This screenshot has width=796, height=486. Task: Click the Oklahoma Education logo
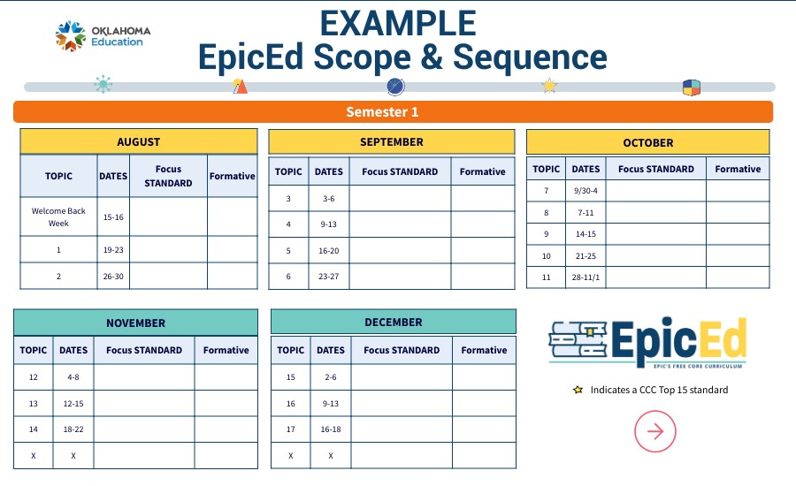tap(103, 36)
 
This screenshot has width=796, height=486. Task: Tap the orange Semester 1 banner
tap(393, 112)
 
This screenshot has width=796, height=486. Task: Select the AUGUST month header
tap(139, 141)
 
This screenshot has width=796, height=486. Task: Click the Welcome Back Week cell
tap(58, 216)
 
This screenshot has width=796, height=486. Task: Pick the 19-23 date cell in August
tap(113, 250)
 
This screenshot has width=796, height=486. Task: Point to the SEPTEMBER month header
tap(391, 141)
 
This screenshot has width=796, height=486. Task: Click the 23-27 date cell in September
tap(328, 277)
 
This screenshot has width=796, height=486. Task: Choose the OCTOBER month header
tap(647, 142)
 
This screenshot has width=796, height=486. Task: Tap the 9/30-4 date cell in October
tap(586, 191)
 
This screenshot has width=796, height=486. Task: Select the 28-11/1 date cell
tap(586, 277)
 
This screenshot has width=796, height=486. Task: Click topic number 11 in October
tap(547, 277)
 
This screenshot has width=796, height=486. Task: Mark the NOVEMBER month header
tap(135, 323)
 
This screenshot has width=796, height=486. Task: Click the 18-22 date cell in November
tap(73, 429)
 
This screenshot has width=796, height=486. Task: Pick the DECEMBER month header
tap(393, 322)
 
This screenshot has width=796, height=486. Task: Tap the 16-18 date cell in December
tap(331, 429)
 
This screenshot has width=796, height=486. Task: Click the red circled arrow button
tap(655, 431)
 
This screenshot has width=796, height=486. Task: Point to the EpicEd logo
tap(648, 342)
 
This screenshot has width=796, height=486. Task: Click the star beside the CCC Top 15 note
tap(578, 390)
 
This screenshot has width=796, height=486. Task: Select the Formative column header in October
tap(738, 169)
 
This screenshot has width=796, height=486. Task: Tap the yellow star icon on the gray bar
tap(549, 86)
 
